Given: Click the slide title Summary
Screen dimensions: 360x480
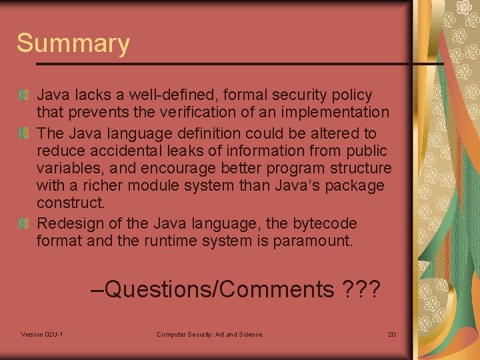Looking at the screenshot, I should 73,43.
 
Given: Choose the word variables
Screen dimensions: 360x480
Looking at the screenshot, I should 65,169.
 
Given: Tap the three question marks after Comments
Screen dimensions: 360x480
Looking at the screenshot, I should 360,290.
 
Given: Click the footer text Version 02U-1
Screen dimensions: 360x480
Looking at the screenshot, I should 42,334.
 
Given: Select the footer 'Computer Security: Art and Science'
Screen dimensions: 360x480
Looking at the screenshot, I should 209,334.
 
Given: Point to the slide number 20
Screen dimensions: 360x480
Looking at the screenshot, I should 391,334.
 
